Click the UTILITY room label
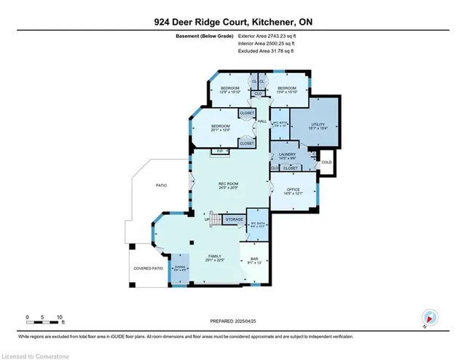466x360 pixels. (x=316, y=125)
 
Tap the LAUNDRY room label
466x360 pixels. (x=287, y=154)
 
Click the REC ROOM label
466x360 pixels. (x=229, y=184)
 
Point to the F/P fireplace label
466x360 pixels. (x=216, y=152)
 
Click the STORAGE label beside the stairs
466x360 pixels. (x=234, y=219)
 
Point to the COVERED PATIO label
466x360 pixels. (x=147, y=267)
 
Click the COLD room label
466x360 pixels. (x=326, y=162)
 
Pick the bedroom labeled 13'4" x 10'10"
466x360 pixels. (x=285, y=90)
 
